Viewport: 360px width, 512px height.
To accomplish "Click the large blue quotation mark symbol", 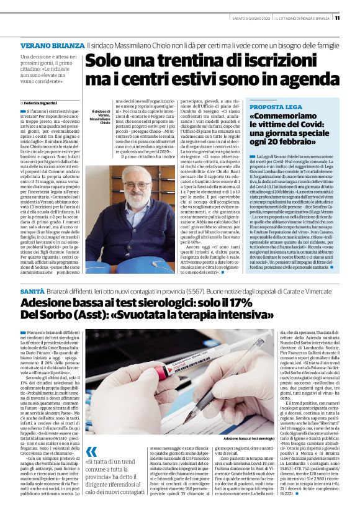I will click(91, 451).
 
